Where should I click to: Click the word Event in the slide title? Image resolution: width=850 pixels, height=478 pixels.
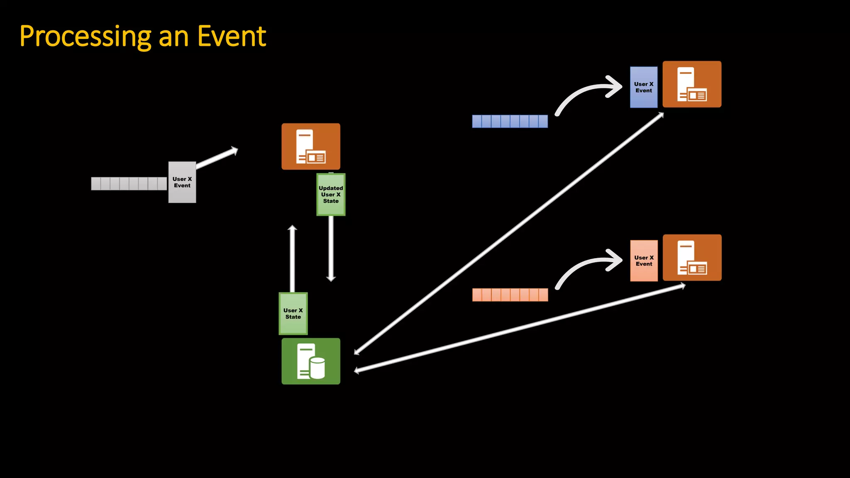point(231,37)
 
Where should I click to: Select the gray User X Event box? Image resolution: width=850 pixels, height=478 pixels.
point(182,182)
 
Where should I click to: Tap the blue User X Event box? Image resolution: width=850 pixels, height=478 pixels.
point(643,87)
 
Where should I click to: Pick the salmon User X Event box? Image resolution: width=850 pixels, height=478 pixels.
point(644,261)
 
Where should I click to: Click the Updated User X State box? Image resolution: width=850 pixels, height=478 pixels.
point(331,195)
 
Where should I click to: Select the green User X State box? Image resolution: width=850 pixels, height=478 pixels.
point(293,314)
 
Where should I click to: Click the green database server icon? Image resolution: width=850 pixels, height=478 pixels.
point(311,361)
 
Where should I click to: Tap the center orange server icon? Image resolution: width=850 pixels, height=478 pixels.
point(311,146)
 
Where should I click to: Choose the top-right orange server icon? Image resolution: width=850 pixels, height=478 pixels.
point(692,84)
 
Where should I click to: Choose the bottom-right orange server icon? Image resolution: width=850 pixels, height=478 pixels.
point(692,258)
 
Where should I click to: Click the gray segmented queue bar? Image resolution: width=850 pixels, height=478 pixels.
point(129,183)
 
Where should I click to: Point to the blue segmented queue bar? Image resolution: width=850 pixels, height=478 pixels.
point(510,121)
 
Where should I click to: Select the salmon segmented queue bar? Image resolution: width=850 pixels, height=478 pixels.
point(510,295)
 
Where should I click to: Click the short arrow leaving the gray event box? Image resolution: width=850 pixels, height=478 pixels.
point(217,158)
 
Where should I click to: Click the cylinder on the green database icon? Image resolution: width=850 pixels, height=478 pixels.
point(318,368)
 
